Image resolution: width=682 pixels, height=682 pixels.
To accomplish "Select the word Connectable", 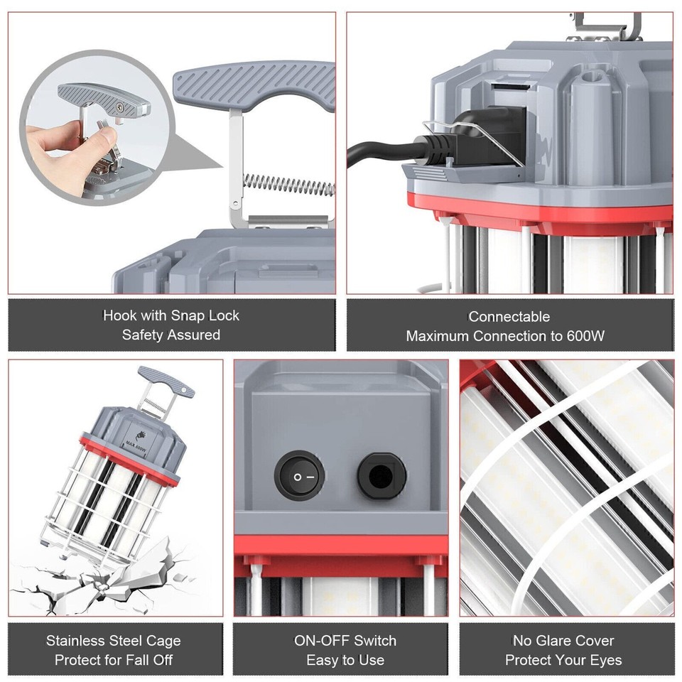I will point(509,316).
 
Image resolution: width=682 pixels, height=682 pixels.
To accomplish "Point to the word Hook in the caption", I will point(119,315).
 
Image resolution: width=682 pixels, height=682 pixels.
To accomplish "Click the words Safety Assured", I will point(171,335).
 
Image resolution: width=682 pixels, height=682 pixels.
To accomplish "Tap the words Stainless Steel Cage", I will point(114,641).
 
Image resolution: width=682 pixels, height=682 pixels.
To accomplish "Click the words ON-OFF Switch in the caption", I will point(345,641).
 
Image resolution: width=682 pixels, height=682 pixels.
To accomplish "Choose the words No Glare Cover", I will point(563,641).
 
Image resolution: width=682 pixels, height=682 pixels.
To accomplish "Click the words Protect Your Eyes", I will point(563,660).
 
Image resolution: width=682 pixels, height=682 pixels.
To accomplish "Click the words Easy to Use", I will point(345,660).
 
